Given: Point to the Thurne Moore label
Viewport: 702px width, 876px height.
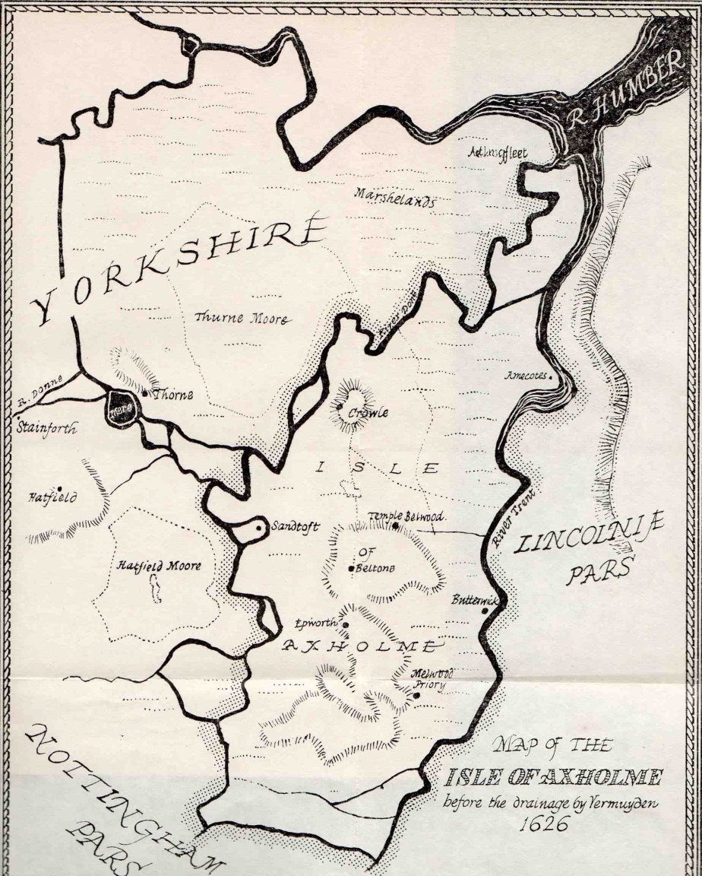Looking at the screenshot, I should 241,319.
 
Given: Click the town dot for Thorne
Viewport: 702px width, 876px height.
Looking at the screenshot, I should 145,395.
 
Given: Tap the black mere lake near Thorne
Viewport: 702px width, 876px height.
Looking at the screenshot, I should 122,408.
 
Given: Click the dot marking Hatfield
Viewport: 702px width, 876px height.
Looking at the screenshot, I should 58,489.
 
